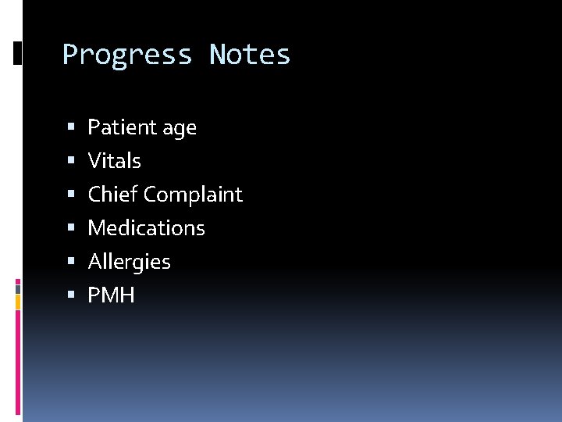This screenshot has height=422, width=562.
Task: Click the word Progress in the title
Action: (x=127, y=55)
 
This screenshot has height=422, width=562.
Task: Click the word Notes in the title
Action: (x=250, y=55)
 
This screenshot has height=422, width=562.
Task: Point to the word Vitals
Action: (x=115, y=161)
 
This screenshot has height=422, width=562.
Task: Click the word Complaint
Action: (x=194, y=195)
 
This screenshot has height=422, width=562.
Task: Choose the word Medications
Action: (x=147, y=228)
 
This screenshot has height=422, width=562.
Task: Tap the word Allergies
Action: (x=130, y=262)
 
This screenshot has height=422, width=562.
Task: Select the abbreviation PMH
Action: (x=112, y=295)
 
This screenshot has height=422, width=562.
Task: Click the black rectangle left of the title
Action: (x=18, y=52)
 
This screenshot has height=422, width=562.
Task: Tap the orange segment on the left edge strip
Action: (x=19, y=302)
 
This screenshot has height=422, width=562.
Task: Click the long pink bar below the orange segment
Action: (x=19, y=359)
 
